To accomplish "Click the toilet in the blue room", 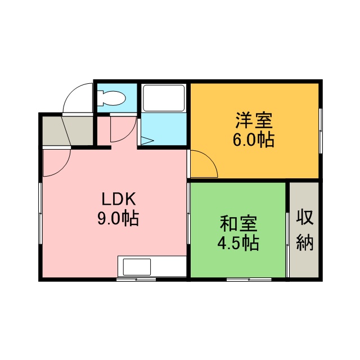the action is click(111, 98).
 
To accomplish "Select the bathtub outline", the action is click(164, 98).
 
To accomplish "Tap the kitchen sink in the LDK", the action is click(137, 267).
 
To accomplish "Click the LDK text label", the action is click(119, 200).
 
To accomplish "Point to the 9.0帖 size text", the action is click(118, 219).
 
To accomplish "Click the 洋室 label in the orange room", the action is click(254, 120).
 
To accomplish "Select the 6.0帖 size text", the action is click(254, 140).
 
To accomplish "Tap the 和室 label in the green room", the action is click(238, 223).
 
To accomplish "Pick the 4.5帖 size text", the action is click(238, 243).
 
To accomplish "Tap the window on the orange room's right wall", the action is click(321, 131).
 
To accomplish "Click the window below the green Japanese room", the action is click(249, 280).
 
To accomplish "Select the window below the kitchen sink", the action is click(136, 280).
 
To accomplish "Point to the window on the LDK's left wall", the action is click(40, 213).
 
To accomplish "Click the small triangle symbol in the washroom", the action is click(147, 141).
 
